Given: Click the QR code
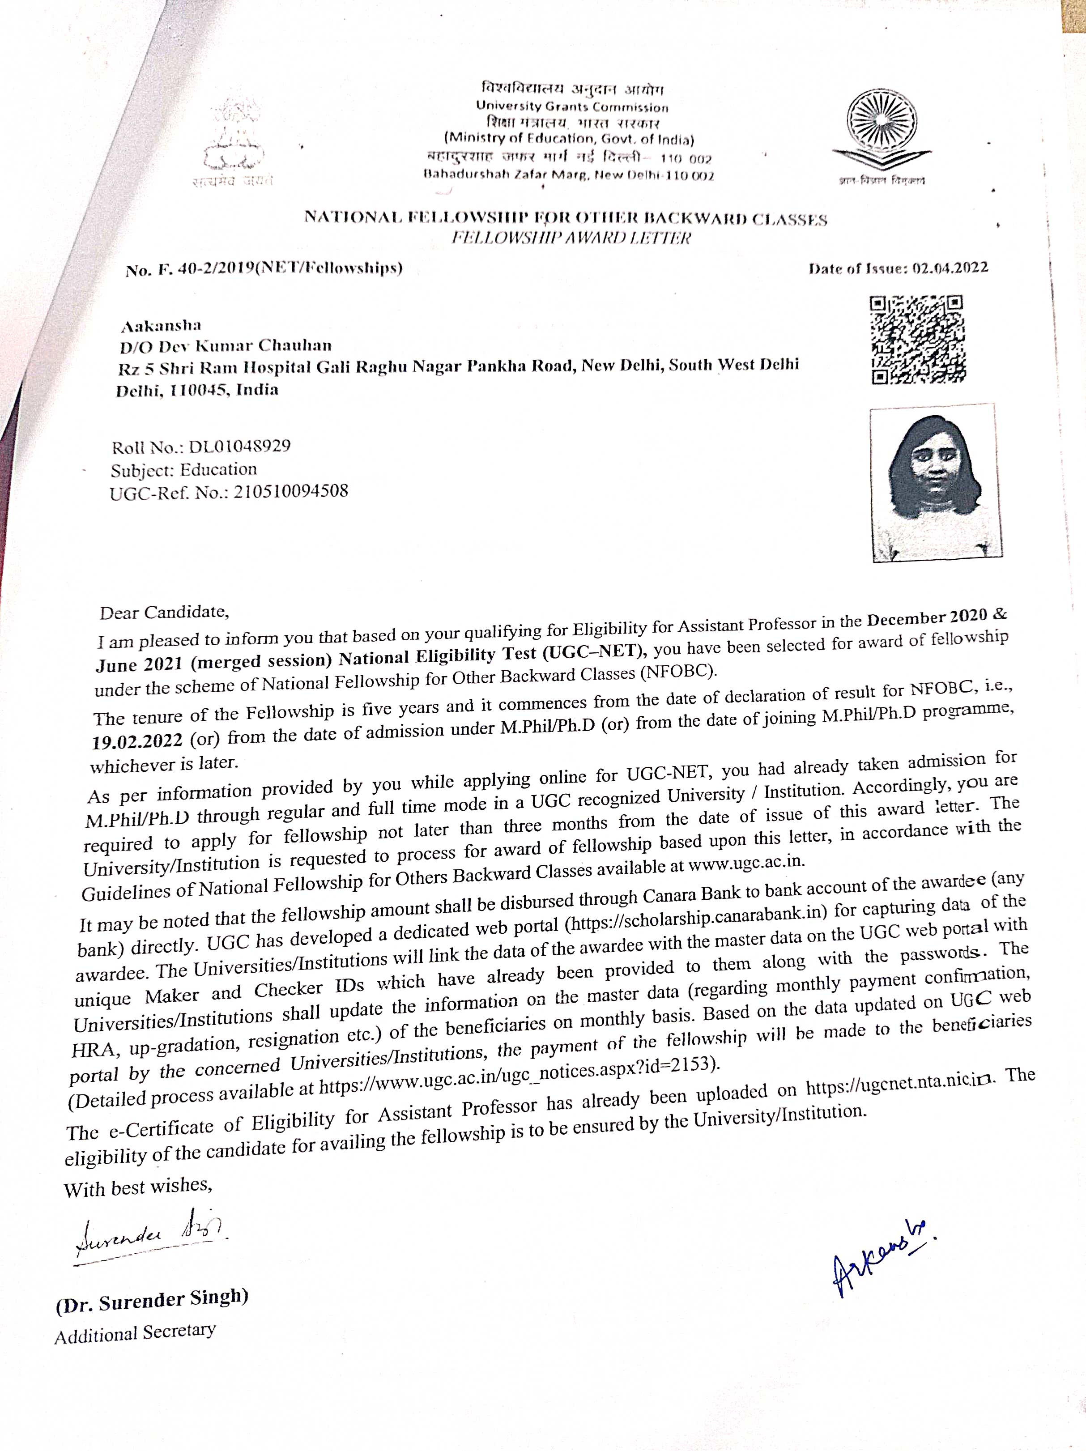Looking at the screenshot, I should (x=917, y=340).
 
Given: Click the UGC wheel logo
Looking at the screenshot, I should (x=881, y=128).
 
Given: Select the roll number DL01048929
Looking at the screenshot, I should (x=239, y=447).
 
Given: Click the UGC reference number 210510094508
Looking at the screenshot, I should (x=291, y=491).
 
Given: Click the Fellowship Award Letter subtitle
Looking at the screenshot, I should (x=571, y=238).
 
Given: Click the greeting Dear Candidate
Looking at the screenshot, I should (x=164, y=613).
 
